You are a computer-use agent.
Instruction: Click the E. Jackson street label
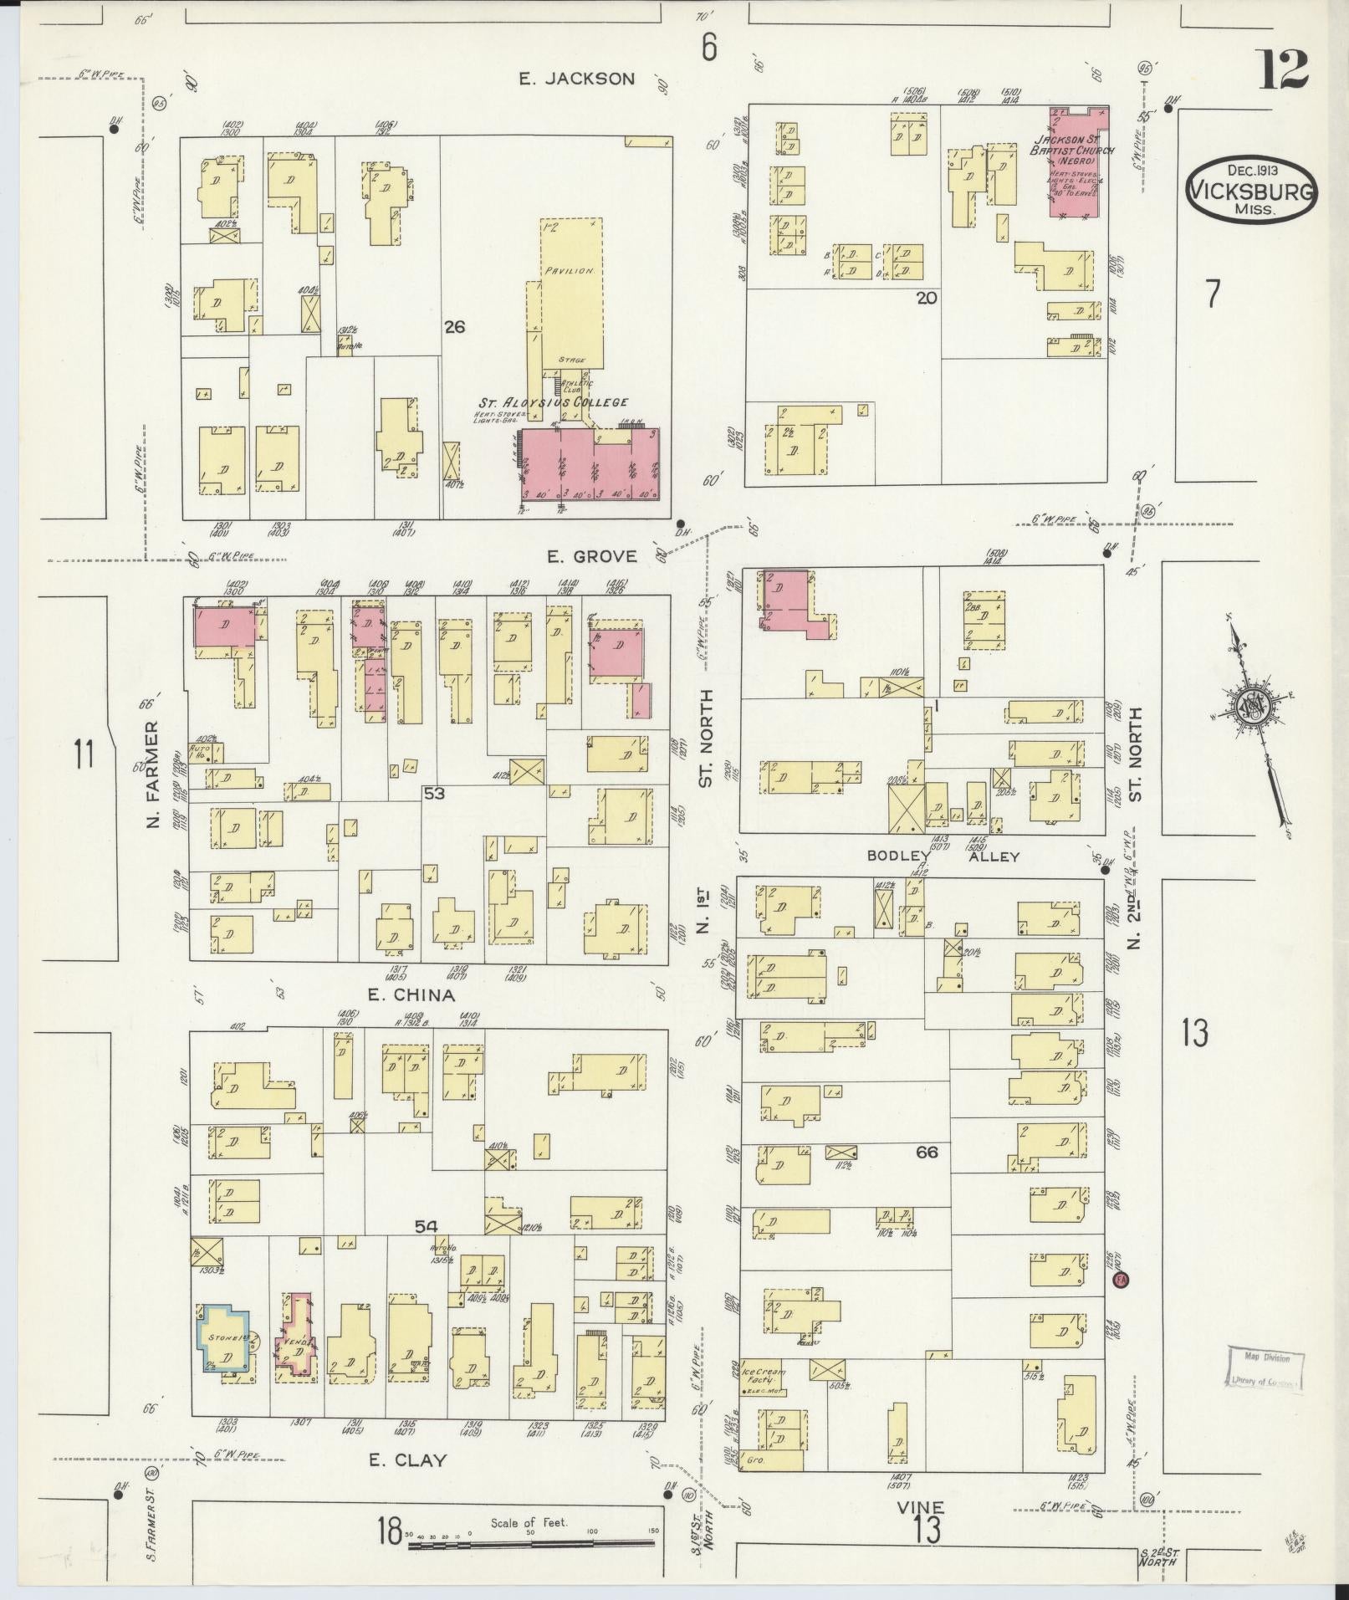coord(576,79)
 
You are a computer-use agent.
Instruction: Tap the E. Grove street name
coord(591,556)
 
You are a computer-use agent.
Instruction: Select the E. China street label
coord(411,995)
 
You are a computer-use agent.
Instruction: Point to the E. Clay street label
coord(408,1460)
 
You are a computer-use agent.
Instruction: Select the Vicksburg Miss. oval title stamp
coord(1251,190)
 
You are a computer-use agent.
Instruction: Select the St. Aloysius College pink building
coord(590,464)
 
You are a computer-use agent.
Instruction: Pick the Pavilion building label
coord(570,271)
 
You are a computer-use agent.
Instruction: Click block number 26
coord(454,327)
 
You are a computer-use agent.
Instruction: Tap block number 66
coord(927,1153)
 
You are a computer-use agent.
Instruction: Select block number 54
coord(427,1226)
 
